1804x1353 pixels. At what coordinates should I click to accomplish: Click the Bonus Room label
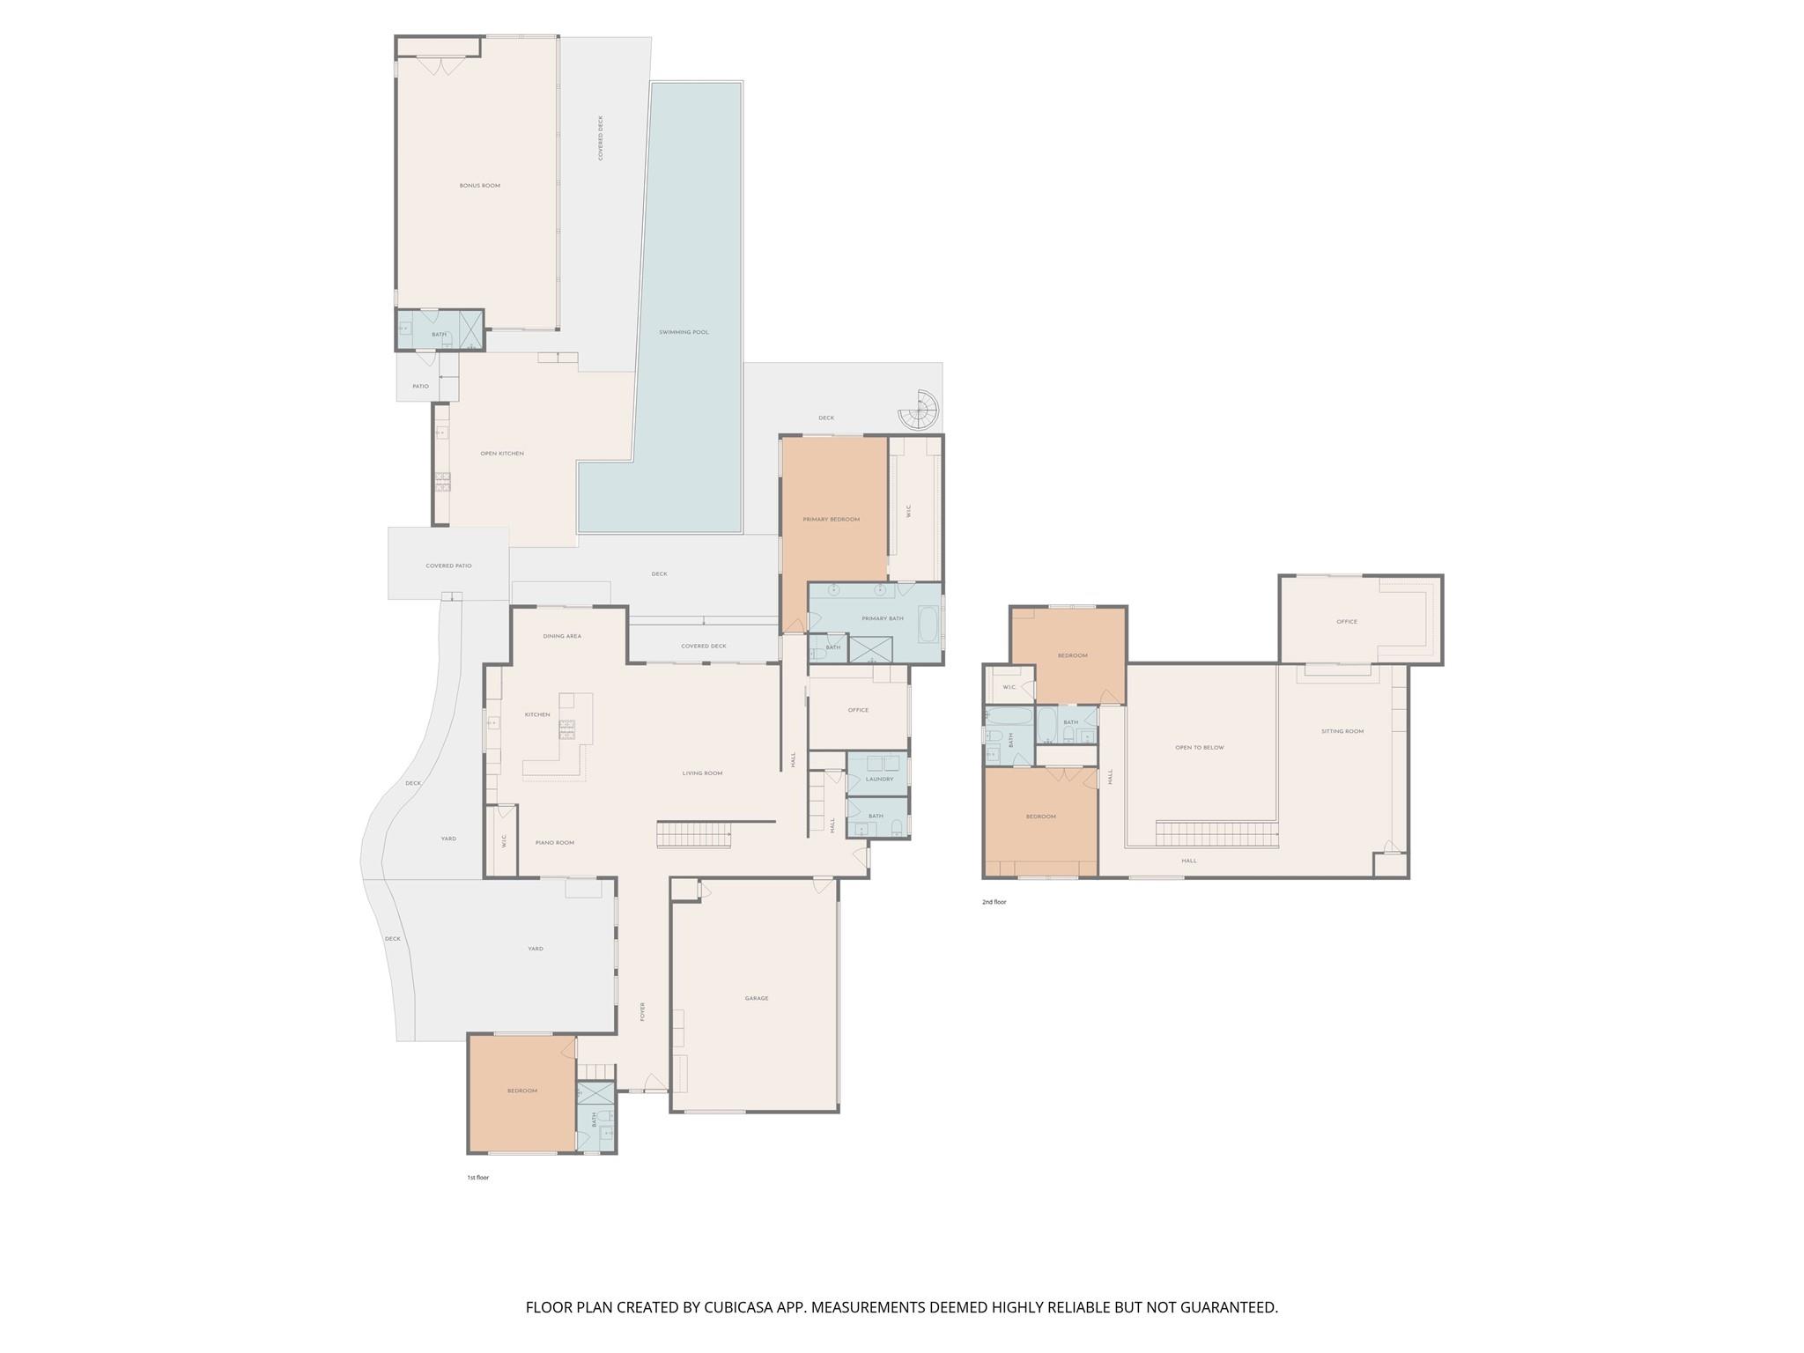[x=479, y=186]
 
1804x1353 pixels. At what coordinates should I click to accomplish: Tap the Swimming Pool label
[x=684, y=332]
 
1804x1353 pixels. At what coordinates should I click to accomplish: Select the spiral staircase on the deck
[x=920, y=410]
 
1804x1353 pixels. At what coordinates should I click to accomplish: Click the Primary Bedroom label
[x=831, y=520]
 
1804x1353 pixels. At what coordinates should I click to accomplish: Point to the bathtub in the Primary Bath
[x=928, y=623]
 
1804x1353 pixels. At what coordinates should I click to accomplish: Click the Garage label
[x=756, y=998]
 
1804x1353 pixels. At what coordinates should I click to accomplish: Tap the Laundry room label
[x=879, y=779]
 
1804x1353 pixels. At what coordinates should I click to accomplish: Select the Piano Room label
[x=555, y=843]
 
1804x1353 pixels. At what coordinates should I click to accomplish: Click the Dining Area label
[x=562, y=636]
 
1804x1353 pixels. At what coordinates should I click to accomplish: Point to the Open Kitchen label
[x=502, y=454]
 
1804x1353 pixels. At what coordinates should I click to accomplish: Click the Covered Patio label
[x=448, y=566]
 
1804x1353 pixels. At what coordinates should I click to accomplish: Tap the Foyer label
[x=643, y=1011]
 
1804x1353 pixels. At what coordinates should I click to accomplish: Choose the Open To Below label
[x=1199, y=748]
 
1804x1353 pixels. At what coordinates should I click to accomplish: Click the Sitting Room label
[x=1342, y=731]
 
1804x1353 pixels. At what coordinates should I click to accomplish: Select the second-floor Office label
[x=1346, y=622]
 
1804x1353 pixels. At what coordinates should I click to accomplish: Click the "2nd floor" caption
[x=994, y=902]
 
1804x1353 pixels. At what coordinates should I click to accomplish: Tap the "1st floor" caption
[x=477, y=1178]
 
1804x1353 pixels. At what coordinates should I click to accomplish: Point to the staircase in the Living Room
[x=694, y=833]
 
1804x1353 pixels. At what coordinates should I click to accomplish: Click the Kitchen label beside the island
[x=537, y=714]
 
